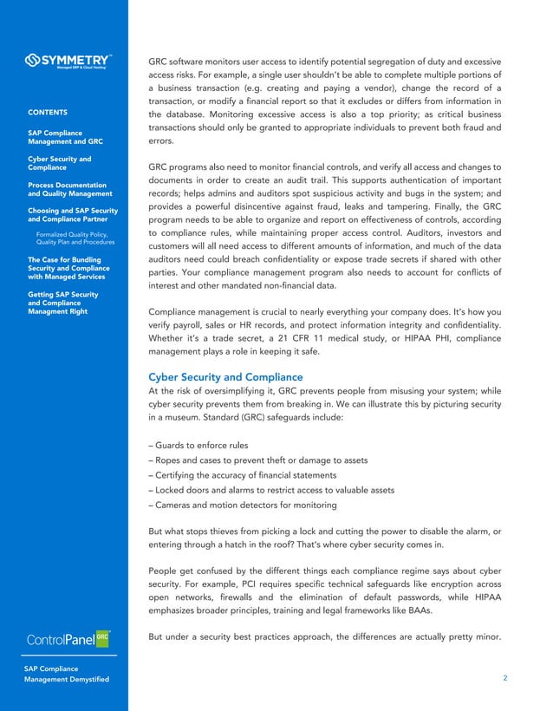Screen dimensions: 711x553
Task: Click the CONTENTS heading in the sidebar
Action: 49,113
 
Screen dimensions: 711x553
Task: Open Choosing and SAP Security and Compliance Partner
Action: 69,214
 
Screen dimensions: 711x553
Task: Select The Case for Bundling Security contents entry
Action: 68,268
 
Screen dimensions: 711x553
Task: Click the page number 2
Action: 505,679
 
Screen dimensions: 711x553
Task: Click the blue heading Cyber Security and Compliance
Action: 225,377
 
